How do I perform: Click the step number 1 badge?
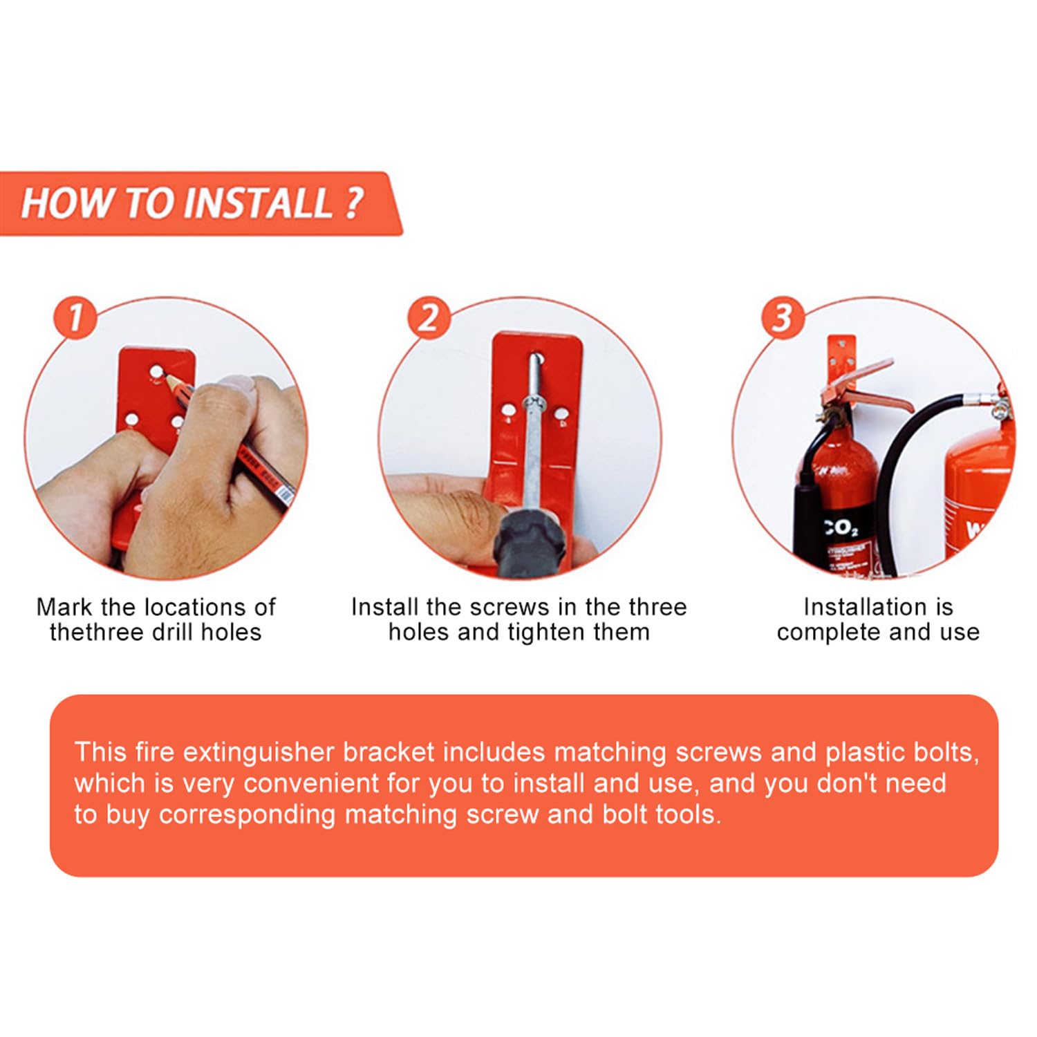point(75,318)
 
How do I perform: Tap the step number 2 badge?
point(429,318)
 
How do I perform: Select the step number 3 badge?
point(782,318)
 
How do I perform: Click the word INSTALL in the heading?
point(257,203)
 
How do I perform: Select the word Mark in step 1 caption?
point(64,607)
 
